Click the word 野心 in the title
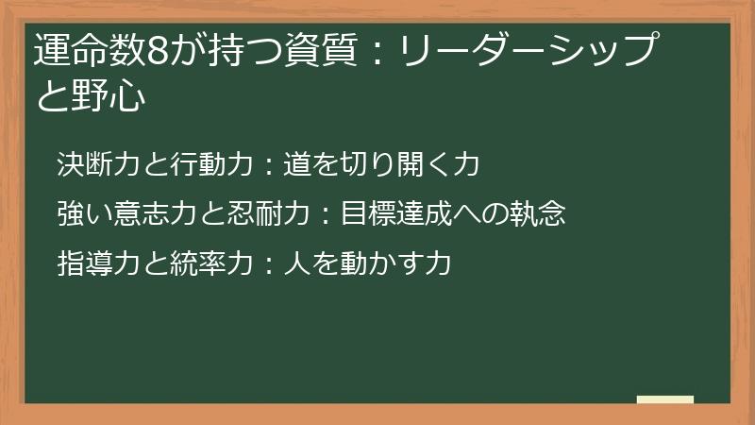[x=107, y=96]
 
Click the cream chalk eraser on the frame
[x=664, y=399]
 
